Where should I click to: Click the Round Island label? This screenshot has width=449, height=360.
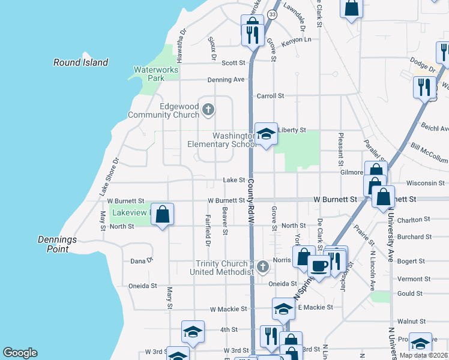(80, 62)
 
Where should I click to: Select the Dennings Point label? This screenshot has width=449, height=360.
(55, 244)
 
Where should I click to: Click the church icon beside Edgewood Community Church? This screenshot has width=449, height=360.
(208, 109)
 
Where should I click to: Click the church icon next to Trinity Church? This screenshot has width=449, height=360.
(262, 266)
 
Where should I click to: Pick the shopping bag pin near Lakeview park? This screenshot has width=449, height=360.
(162, 214)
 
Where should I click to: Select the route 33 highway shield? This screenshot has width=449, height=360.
(273, 14)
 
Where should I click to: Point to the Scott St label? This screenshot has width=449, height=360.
(234, 62)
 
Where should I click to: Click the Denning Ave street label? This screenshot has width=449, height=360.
(226, 79)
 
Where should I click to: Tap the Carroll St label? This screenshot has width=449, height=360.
(270, 96)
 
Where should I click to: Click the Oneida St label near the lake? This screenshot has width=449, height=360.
(142, 287)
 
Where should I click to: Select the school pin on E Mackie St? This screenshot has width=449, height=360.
(283, 309)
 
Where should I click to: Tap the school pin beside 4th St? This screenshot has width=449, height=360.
(193, 331)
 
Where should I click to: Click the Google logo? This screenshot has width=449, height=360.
(20, 353)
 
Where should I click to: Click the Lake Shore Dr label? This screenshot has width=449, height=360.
(110, 176)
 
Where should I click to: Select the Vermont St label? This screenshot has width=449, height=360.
(411, 279)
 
